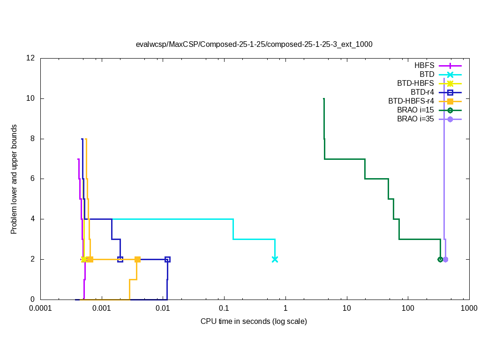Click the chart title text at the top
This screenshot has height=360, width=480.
coord(254,45)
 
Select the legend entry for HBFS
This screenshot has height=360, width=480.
coord(424,66)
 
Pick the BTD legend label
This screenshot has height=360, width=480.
coord(427,75)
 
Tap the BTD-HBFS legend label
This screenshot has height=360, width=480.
coord(415,83)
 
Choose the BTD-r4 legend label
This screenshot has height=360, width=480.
coord(422,92)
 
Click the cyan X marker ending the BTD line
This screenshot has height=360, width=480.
coord(275,259)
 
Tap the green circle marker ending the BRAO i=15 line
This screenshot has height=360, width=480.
coord(440,259)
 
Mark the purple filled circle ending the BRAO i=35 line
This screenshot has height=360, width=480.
coord(445,259)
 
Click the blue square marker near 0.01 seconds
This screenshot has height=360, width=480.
coord(167,259)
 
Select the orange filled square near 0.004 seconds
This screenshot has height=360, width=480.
coord(137,259)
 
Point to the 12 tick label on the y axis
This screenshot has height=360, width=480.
coord(31,59)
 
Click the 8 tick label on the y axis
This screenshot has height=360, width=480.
coord(33,139)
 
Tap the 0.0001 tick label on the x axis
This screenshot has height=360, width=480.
coord(40,308)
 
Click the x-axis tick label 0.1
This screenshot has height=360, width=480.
coord(224,308)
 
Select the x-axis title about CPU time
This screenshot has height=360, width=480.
coord(254,322)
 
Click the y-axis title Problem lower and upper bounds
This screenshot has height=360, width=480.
coord(14,179)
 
